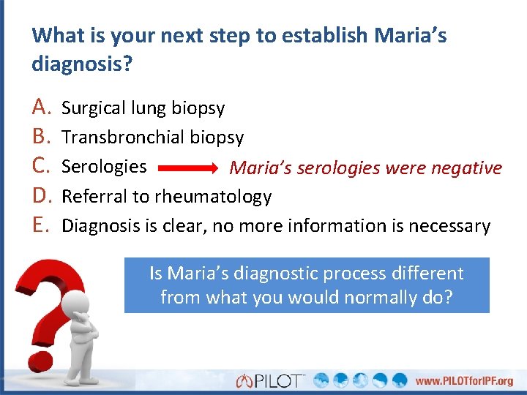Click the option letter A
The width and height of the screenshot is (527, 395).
click(40, 108)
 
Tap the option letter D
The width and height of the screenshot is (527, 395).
click(40, 196)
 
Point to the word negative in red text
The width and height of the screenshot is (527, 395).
click(466, 168)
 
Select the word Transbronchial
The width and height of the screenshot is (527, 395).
click(123, 138)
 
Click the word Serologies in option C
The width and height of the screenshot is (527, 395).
click(104, 167)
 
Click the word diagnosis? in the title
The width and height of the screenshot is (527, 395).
click(82, 64)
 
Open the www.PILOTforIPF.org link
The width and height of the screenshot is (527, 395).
click(465, 381)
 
